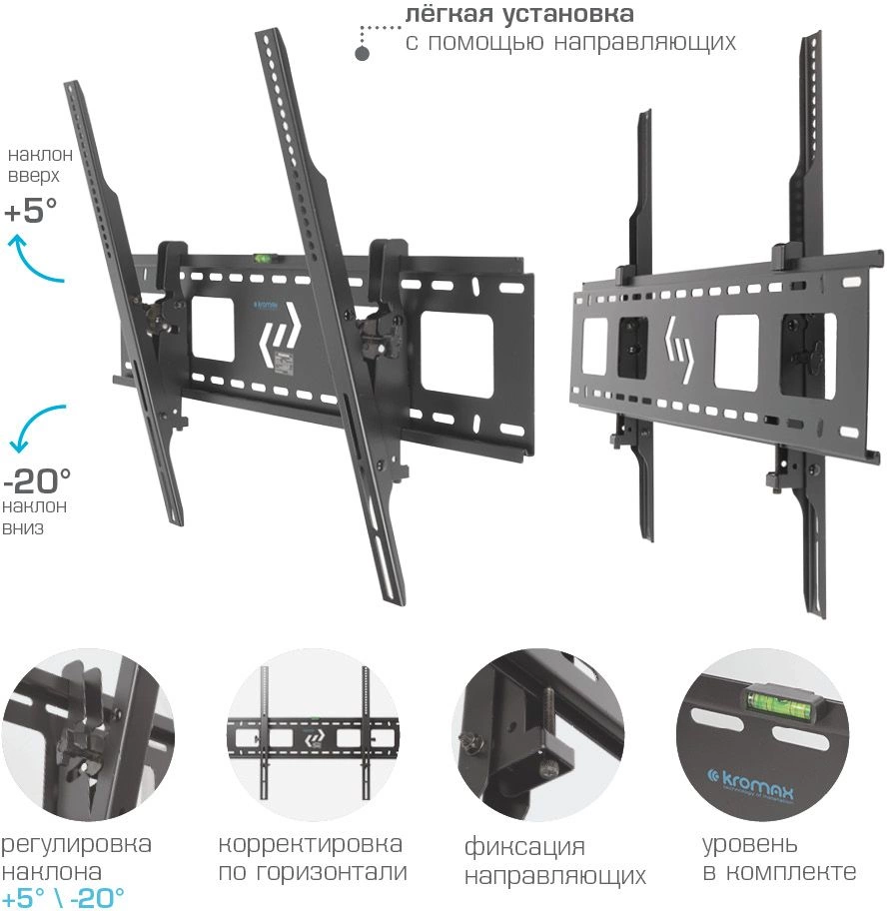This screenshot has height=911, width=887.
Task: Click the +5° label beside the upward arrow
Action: point(30,211)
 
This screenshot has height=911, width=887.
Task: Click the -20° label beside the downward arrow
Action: point(36,480)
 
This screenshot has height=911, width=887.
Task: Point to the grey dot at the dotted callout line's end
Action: point(363,52)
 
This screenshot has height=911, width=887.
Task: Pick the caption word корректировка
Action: point(311,845)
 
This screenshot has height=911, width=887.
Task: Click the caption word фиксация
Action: point(524,848)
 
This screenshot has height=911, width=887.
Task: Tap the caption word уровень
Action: point(750,845)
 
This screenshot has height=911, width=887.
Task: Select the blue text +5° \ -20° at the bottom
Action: point(63,897)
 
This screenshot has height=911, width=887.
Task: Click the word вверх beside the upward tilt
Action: point(34,177)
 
